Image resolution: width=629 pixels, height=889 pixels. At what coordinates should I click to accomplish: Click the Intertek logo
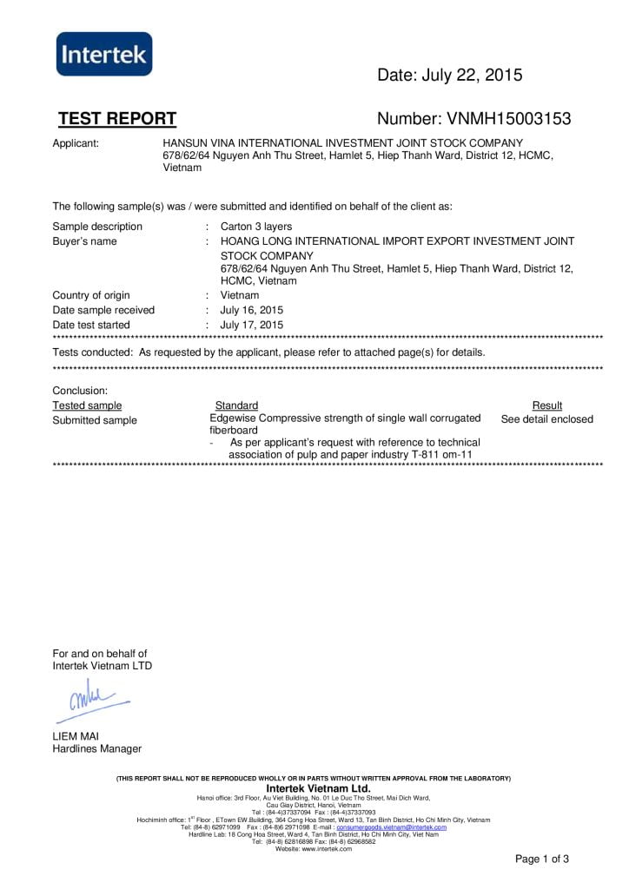[103, 56]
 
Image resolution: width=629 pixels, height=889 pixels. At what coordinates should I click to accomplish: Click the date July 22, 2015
[449, 76]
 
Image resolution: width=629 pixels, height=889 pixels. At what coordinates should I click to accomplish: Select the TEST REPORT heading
[117, 119]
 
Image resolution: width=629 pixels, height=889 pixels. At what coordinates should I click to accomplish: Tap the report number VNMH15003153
[474, 119]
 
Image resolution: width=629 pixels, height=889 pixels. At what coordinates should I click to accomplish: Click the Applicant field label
[76, 142]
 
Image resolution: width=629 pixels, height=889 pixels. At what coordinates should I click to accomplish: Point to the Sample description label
[97, 227]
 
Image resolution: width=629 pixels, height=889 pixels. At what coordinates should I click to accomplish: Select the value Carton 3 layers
[256, 227]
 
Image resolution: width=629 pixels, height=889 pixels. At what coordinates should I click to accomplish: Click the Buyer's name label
[84, 241]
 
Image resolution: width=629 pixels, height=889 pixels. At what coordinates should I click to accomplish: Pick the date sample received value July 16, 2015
[252, 310]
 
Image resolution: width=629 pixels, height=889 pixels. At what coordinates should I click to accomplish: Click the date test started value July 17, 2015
[252, 325]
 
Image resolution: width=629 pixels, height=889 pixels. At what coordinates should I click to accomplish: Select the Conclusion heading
[80, 391]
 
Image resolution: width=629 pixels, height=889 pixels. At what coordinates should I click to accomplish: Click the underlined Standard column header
[236, 405]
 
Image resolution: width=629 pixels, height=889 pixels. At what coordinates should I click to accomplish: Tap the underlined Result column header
[546, 405]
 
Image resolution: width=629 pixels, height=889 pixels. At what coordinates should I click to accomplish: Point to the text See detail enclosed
[547, 419]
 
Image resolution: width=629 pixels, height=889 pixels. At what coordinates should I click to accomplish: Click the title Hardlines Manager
[97, 749]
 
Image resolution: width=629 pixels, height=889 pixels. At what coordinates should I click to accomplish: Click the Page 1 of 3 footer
[542, 859]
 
